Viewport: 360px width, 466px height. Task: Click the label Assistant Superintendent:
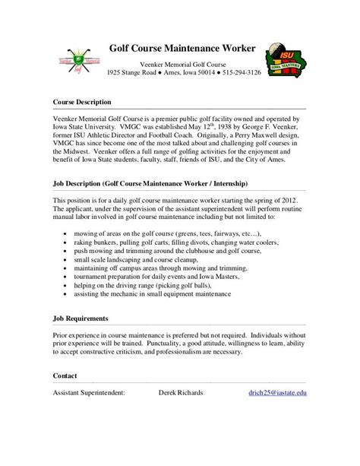(x=89, y=393)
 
